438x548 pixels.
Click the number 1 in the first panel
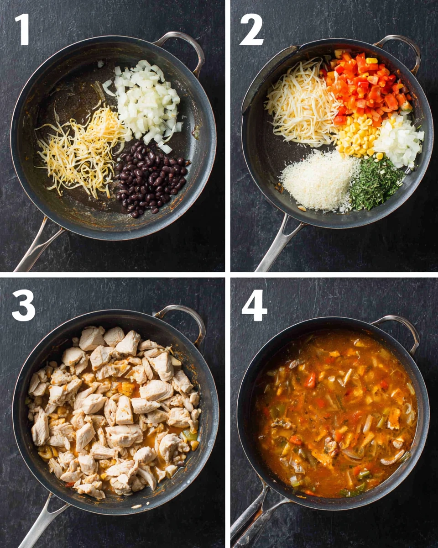point(23,29)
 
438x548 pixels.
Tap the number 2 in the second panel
point(251,29)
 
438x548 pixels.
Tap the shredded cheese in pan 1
point(82,146)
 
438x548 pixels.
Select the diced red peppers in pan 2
point(367,87)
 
